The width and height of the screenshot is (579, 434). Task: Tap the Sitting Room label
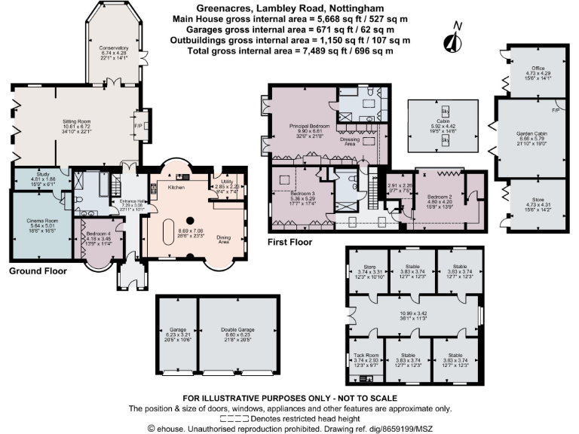click(x=76, y=119)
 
